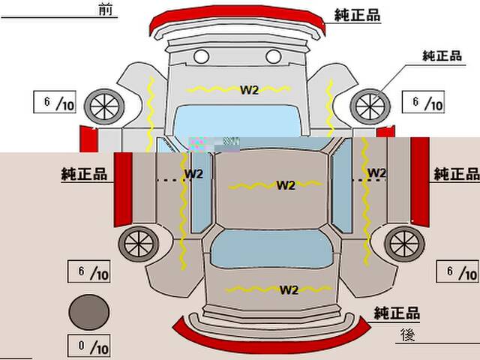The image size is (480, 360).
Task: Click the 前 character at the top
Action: [106, 9]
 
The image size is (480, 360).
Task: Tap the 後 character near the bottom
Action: [408, 334]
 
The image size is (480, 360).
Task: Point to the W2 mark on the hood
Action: [249, 90]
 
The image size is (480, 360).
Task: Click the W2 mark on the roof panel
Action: [286, 185]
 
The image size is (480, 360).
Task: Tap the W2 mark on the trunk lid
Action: [289, 290]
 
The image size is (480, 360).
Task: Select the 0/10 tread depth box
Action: [88, 346]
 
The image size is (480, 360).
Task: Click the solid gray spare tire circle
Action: [88, 312]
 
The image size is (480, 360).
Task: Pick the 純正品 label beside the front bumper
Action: [357, 15]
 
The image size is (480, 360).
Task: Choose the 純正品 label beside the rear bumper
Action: [397, 313]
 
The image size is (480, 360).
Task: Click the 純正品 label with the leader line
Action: [442, 56]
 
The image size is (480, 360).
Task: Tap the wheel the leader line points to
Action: [370, 106]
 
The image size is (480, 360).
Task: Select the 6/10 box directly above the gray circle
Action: [88, 271]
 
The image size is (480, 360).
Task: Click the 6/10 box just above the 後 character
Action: [457, 271]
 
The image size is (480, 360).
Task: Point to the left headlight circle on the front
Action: [202, 57]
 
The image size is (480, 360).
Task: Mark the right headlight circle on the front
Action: [273, 57]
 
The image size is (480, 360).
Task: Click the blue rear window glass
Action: [271, 248]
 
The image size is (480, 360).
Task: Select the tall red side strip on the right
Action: [420, 181]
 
